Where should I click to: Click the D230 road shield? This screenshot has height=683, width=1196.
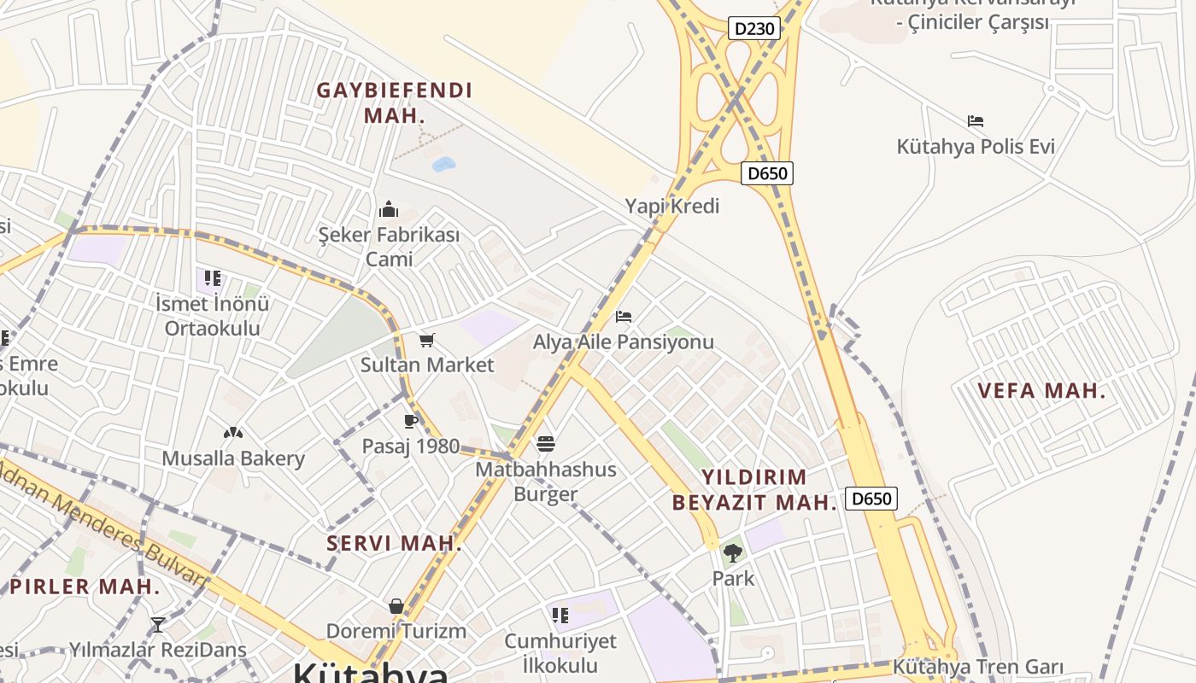755,29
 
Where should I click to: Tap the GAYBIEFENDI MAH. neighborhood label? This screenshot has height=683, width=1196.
395,102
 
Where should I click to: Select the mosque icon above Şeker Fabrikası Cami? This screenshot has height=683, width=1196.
389,209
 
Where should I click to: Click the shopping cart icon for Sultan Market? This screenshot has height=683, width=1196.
427,341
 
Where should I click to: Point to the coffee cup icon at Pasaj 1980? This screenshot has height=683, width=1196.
411,421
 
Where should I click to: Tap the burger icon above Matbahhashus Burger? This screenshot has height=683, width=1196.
547,444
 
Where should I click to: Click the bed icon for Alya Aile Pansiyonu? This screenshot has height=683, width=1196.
624,317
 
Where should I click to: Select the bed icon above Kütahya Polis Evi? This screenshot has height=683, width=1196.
976,121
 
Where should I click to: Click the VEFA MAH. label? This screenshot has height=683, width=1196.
1041,391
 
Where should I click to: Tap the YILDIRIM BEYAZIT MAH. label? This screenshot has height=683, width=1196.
753,489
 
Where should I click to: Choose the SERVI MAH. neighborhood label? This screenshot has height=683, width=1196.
395,543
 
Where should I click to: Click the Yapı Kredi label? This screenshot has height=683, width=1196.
672,206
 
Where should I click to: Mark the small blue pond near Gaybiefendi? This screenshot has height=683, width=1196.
444,164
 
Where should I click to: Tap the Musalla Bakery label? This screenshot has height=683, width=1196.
233,458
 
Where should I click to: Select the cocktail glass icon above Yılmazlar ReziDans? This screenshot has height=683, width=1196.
157,625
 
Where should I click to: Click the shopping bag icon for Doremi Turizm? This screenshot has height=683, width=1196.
396,606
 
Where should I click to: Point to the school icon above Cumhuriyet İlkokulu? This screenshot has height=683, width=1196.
560,616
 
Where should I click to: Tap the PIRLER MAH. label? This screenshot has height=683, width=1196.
85,587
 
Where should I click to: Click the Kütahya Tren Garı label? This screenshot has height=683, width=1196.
978,666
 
